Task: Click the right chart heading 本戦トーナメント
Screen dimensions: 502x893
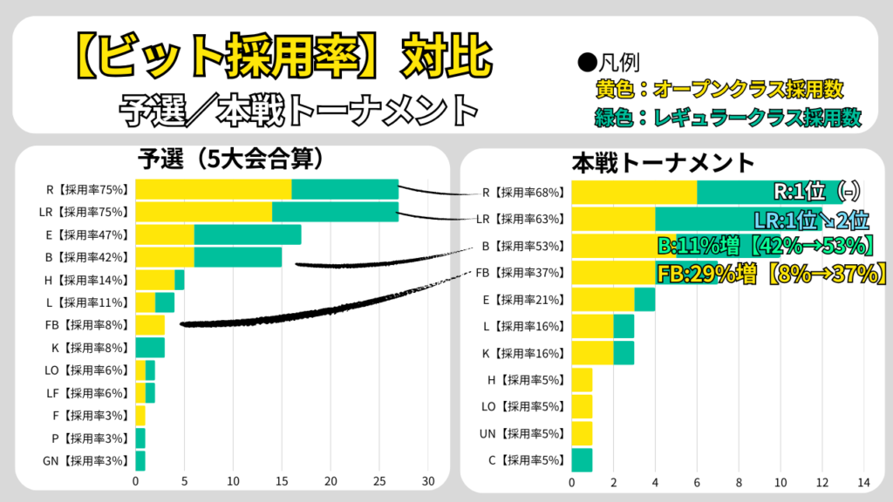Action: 663,162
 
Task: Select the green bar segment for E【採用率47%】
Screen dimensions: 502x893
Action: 248,234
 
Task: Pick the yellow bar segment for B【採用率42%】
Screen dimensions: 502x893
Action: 165,257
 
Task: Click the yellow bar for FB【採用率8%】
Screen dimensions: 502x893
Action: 150,325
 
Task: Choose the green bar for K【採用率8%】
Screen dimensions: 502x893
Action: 150,348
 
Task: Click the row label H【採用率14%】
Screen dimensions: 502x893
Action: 87,280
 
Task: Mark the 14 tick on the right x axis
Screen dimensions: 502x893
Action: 863,482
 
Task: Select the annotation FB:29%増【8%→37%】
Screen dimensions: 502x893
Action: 771,273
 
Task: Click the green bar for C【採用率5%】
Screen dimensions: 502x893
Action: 582,459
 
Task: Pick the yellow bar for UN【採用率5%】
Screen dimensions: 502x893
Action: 582,433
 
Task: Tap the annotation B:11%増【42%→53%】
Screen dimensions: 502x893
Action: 771,246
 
